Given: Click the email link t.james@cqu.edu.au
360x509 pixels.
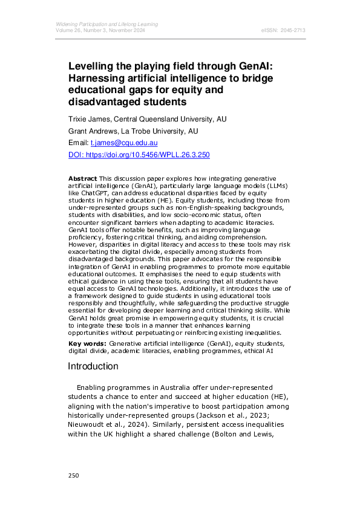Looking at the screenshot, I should (124, 143).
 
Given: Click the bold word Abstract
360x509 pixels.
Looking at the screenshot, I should (82, 179).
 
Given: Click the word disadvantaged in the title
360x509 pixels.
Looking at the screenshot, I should (107, 102).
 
